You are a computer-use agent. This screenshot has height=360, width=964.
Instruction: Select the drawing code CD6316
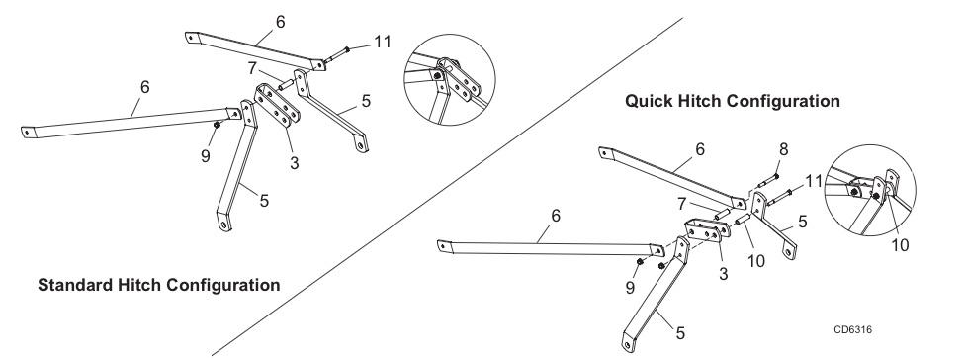[852, 330]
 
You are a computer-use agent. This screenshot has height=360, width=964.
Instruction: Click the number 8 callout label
[783, 149]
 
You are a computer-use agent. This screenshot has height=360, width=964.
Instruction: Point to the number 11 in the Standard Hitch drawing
[382, 42]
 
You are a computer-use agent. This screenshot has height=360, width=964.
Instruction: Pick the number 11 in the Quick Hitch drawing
[814, 182]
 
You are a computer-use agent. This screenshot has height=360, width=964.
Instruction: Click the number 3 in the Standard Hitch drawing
[295, 164]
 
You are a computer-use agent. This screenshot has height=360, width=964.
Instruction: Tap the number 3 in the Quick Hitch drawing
[723, 274]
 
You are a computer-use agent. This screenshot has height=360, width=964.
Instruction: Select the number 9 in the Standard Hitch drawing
[206, 156]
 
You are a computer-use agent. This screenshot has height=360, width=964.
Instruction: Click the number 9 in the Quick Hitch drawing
[630, 288]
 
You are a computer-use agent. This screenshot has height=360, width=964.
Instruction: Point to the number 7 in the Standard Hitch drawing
[252, 68]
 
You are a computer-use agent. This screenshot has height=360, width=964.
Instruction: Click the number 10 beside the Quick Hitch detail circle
[900, 245]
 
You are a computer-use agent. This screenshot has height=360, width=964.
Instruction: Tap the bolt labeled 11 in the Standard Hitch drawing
[336, 54]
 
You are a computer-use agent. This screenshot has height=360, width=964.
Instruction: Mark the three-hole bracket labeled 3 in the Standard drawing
[277, 106]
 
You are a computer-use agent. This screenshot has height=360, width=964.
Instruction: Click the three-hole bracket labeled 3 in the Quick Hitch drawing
[707, 230]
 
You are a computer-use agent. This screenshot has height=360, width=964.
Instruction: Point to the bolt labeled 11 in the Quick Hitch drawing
[779, 198]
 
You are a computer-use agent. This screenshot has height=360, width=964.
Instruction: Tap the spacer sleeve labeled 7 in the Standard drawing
[286, 85]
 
